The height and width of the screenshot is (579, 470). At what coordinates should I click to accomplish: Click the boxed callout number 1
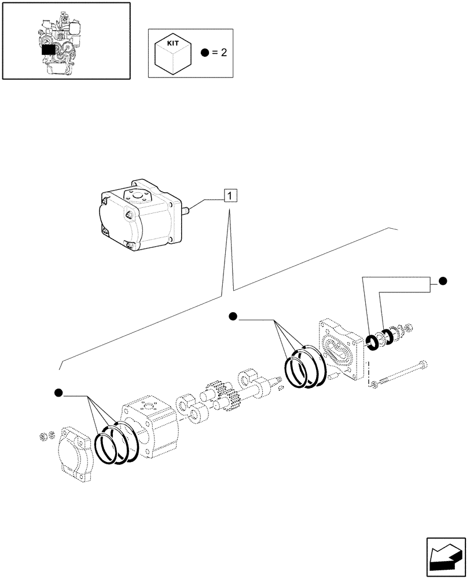pyautogui.click(x=230, y=196)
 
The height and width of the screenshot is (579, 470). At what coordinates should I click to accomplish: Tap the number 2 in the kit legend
pyautogui.click(x=223, y=53)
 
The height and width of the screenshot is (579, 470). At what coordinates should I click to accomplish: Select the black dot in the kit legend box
pyautogui.click(x=205, y=53)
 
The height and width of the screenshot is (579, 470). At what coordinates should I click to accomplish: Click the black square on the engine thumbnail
pyautogui.click(x=49, y=49)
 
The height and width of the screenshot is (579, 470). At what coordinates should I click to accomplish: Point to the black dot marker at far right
pyautogui.click(x=443, y=281)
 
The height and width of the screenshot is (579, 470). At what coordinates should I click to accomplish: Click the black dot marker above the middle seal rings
pyautogui.click(x=233, y=316)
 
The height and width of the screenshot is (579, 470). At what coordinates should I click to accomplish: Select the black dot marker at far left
pyautogui.click(x=58, y=394)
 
